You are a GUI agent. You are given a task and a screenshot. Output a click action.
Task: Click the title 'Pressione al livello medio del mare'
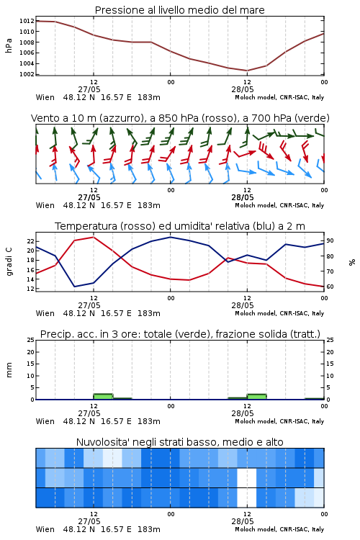pos(179,10)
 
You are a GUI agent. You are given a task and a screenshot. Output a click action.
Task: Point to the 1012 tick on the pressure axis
pos(27,21)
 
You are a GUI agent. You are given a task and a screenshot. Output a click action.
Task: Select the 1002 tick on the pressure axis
pos(27,74)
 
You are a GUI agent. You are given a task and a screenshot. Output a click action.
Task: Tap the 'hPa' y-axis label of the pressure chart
pos(9,45)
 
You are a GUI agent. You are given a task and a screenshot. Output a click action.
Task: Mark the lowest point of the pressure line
pos(247,71)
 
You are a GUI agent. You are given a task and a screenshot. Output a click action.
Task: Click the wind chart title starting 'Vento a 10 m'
pos(180,118)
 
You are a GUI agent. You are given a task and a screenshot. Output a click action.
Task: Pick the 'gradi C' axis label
pos(9,261)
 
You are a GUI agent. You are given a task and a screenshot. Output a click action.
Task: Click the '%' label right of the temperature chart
pos(352,262)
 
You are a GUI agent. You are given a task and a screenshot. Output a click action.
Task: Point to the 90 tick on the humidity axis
pos(330,240)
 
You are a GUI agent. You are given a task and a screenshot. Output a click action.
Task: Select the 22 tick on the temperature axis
pos(31,240)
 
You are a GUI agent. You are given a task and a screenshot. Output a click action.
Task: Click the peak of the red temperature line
pos(94,237)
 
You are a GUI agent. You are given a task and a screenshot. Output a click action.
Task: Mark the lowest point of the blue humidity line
pos(74,287)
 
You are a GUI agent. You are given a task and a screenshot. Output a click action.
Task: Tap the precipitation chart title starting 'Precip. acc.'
pos(180,334)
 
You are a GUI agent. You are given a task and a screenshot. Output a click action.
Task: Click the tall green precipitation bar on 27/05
pos(103,397)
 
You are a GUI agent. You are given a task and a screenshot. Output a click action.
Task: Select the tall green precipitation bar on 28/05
pos(256,397)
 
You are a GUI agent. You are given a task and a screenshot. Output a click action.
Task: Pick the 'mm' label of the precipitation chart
pos(9,370)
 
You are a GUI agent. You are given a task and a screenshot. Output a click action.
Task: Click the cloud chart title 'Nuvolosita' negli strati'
pos(179,442)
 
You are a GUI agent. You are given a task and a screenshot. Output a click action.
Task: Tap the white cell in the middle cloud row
pos(247,477)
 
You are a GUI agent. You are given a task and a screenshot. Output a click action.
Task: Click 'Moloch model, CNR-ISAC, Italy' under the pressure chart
pos(279,97)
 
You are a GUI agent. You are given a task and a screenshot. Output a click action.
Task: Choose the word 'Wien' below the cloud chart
pos(45,529)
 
